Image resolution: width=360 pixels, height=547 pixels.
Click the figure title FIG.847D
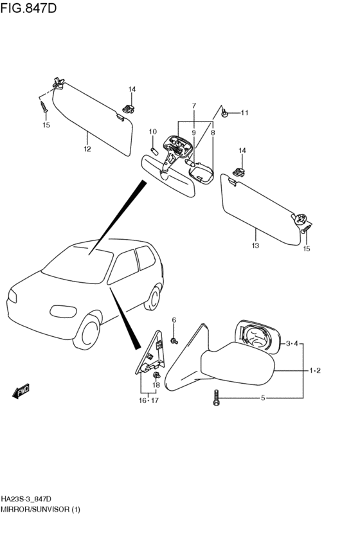(28, 8)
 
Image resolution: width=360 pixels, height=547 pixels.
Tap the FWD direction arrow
(21, 391)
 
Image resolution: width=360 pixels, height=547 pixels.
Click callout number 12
(87, 149)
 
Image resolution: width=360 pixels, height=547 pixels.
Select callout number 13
(255, 246)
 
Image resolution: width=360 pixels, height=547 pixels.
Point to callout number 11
(244, 112)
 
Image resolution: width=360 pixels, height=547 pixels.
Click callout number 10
(153, 132)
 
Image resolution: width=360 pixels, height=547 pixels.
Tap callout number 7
(194, 105)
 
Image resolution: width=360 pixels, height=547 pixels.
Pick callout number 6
(174, 320)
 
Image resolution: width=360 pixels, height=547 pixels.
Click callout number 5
(263, 398)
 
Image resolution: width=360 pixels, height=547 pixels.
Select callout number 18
(156, 385)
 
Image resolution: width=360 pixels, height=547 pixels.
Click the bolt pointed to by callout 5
(216, 398)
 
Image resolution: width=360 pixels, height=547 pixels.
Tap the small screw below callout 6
(174, 341)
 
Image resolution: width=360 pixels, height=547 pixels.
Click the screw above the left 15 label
(44, 107)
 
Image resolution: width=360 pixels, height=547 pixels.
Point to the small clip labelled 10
(154, 152)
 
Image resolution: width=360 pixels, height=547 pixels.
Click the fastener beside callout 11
(224, 113)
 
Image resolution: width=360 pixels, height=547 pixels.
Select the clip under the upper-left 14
(129, 109)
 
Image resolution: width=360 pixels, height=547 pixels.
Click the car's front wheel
(87, 332)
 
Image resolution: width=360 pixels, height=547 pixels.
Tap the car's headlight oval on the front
(63, 311)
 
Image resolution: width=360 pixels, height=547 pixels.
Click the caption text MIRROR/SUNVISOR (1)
(40, 509)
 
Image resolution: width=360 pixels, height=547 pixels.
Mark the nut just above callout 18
(156, 375)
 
